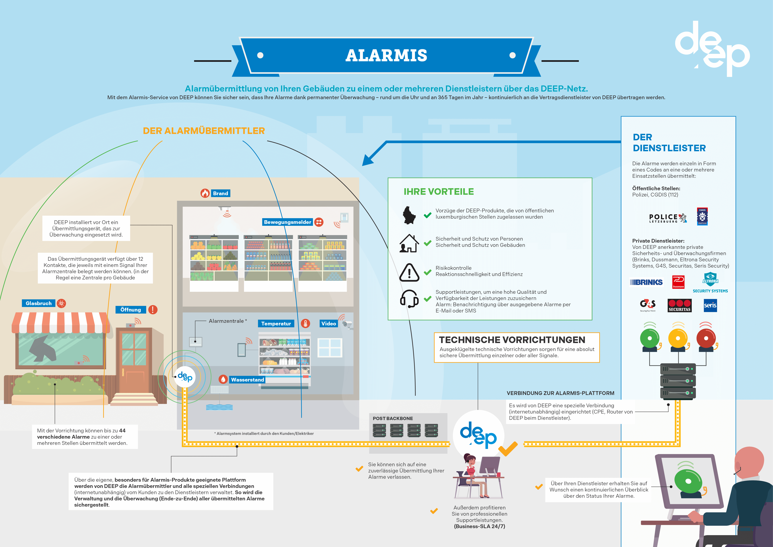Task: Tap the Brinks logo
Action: pos(646,282)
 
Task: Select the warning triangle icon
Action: pos(409,272)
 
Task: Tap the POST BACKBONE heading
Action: pos(392,418)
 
